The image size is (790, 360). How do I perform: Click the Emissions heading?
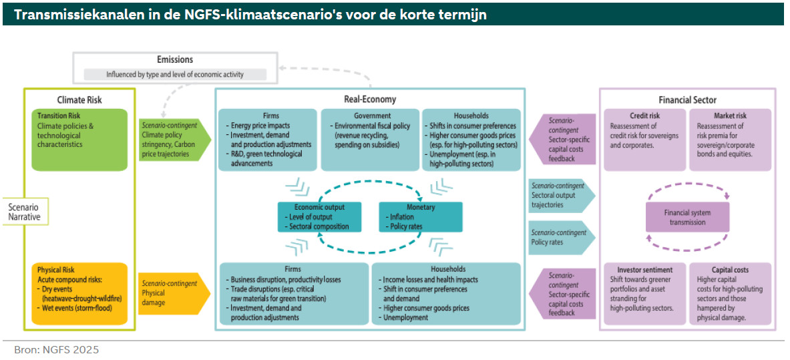pos(175,60)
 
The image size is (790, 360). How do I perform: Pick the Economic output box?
pos(320,217)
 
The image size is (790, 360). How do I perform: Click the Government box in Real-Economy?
pos(369,139)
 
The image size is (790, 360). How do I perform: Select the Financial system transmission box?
pos(687,218)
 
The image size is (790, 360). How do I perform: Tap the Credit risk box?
pos(644,139)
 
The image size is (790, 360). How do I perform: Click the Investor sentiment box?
pos(644,294)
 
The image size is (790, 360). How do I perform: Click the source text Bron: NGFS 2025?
pos(56,349)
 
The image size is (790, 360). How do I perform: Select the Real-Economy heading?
pos(370,100)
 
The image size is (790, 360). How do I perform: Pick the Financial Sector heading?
pos(688,100)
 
